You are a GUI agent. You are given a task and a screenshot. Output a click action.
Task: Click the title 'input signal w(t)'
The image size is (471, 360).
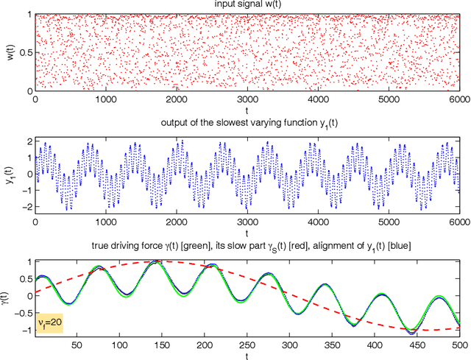[x=247, y=6]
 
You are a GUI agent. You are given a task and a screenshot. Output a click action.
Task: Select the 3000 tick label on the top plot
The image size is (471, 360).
[x=247, y=99]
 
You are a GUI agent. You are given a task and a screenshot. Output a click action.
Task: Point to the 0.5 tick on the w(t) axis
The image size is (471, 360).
[x=24, y=52]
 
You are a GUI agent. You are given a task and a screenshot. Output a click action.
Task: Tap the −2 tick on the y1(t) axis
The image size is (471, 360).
[x=26, y=207]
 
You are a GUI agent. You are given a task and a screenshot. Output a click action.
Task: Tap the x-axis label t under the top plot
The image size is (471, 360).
[x=247, y=108]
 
